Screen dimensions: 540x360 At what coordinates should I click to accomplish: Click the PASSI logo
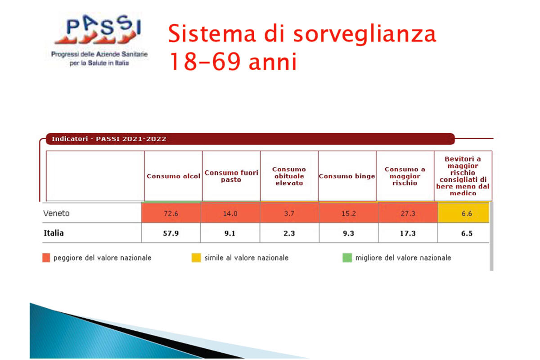(x=99, y=40)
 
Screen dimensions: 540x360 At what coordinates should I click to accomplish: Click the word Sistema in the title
(x=211, y=34)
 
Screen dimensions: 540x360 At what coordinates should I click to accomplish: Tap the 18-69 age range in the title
(x=205, y=62)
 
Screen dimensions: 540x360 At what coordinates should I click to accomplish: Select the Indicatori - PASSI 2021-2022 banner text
(x=109, y=139)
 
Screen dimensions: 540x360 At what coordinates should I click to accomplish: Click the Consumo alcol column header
(x=173, y=176)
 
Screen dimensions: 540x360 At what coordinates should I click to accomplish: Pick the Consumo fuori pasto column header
(x=231, y=176)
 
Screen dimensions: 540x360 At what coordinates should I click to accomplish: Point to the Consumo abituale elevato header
(x=289, y=176)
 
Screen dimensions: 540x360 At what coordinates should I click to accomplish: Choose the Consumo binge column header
(x=347, y=176)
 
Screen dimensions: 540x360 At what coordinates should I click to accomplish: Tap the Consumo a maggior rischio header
(x=405, y=176)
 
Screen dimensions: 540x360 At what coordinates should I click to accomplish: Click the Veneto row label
(x=56, y=213)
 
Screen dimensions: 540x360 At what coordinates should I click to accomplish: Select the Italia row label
(x=54, y=233)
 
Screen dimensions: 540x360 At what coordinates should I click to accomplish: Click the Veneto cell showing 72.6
(x=171, y=213)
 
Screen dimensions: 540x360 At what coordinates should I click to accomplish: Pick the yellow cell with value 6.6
(x=463, y=213)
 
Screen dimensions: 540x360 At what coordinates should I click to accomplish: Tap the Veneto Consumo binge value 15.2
(x=349, y=213)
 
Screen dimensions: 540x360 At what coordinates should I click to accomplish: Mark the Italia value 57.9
(x=171, y=234)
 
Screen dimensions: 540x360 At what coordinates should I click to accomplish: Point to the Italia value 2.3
(x=289, y=234)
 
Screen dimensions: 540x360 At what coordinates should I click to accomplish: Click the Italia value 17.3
(x=408, y=234)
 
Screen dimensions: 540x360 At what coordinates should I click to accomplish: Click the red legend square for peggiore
(x=46, y=257)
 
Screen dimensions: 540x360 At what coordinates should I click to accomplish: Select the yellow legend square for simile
(x=196, y=257)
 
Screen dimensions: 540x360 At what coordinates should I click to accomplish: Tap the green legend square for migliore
(x=347, y=257)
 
